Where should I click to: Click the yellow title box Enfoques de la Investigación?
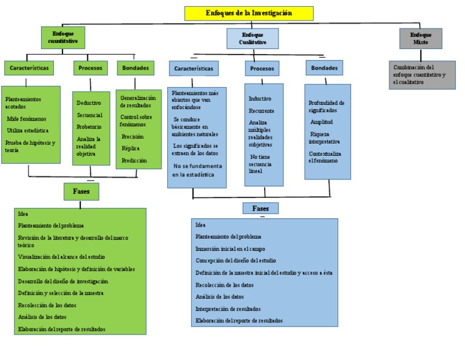point(249,13)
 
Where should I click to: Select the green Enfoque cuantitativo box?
point(63,38)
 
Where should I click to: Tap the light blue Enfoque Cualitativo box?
point(252,38)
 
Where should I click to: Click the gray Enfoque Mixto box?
point(421,38)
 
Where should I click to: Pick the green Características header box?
point(28,68)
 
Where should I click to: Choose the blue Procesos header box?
point(262,68)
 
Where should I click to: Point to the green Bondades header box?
point(135,68)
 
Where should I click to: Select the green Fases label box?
point(81,192)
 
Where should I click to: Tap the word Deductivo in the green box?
point(89,103)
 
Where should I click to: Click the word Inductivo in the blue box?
point(260,98)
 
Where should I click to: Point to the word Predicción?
point(134,161)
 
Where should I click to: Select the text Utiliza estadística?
point(27,130)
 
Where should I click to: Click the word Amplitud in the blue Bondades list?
point(322,122)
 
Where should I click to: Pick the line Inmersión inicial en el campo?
point(230,248)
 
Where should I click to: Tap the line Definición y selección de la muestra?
point(61,293)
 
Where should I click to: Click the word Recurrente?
point(261,111)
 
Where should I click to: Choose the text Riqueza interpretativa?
point(325,138)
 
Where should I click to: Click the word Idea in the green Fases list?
point(23,214)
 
